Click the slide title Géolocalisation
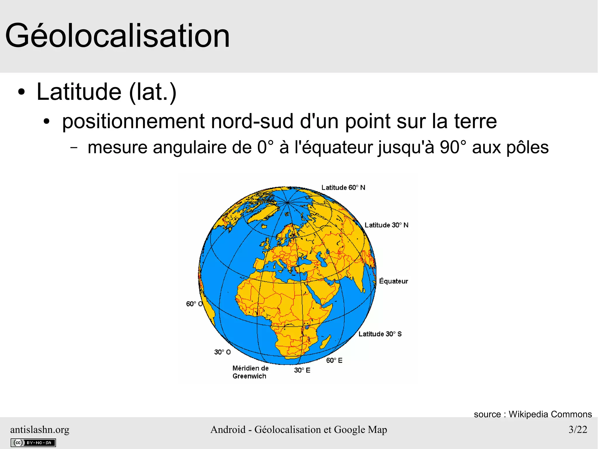pos(117,36)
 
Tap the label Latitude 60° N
pos(343,187)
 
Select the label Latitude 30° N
pos(386,225)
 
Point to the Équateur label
pos(393,281)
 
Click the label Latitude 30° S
pos(380,334)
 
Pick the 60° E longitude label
pos(334,360)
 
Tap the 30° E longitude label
pos(302,370)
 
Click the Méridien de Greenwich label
pos(250,372)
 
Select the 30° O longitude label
pos(222,352)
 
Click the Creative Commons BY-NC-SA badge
pos(33,443)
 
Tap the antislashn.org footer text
pos(40,429)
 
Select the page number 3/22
pos(578,429)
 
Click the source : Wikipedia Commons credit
pos(533,414)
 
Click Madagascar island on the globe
pos(325,341)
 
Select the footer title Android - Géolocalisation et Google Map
pos(299,429)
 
